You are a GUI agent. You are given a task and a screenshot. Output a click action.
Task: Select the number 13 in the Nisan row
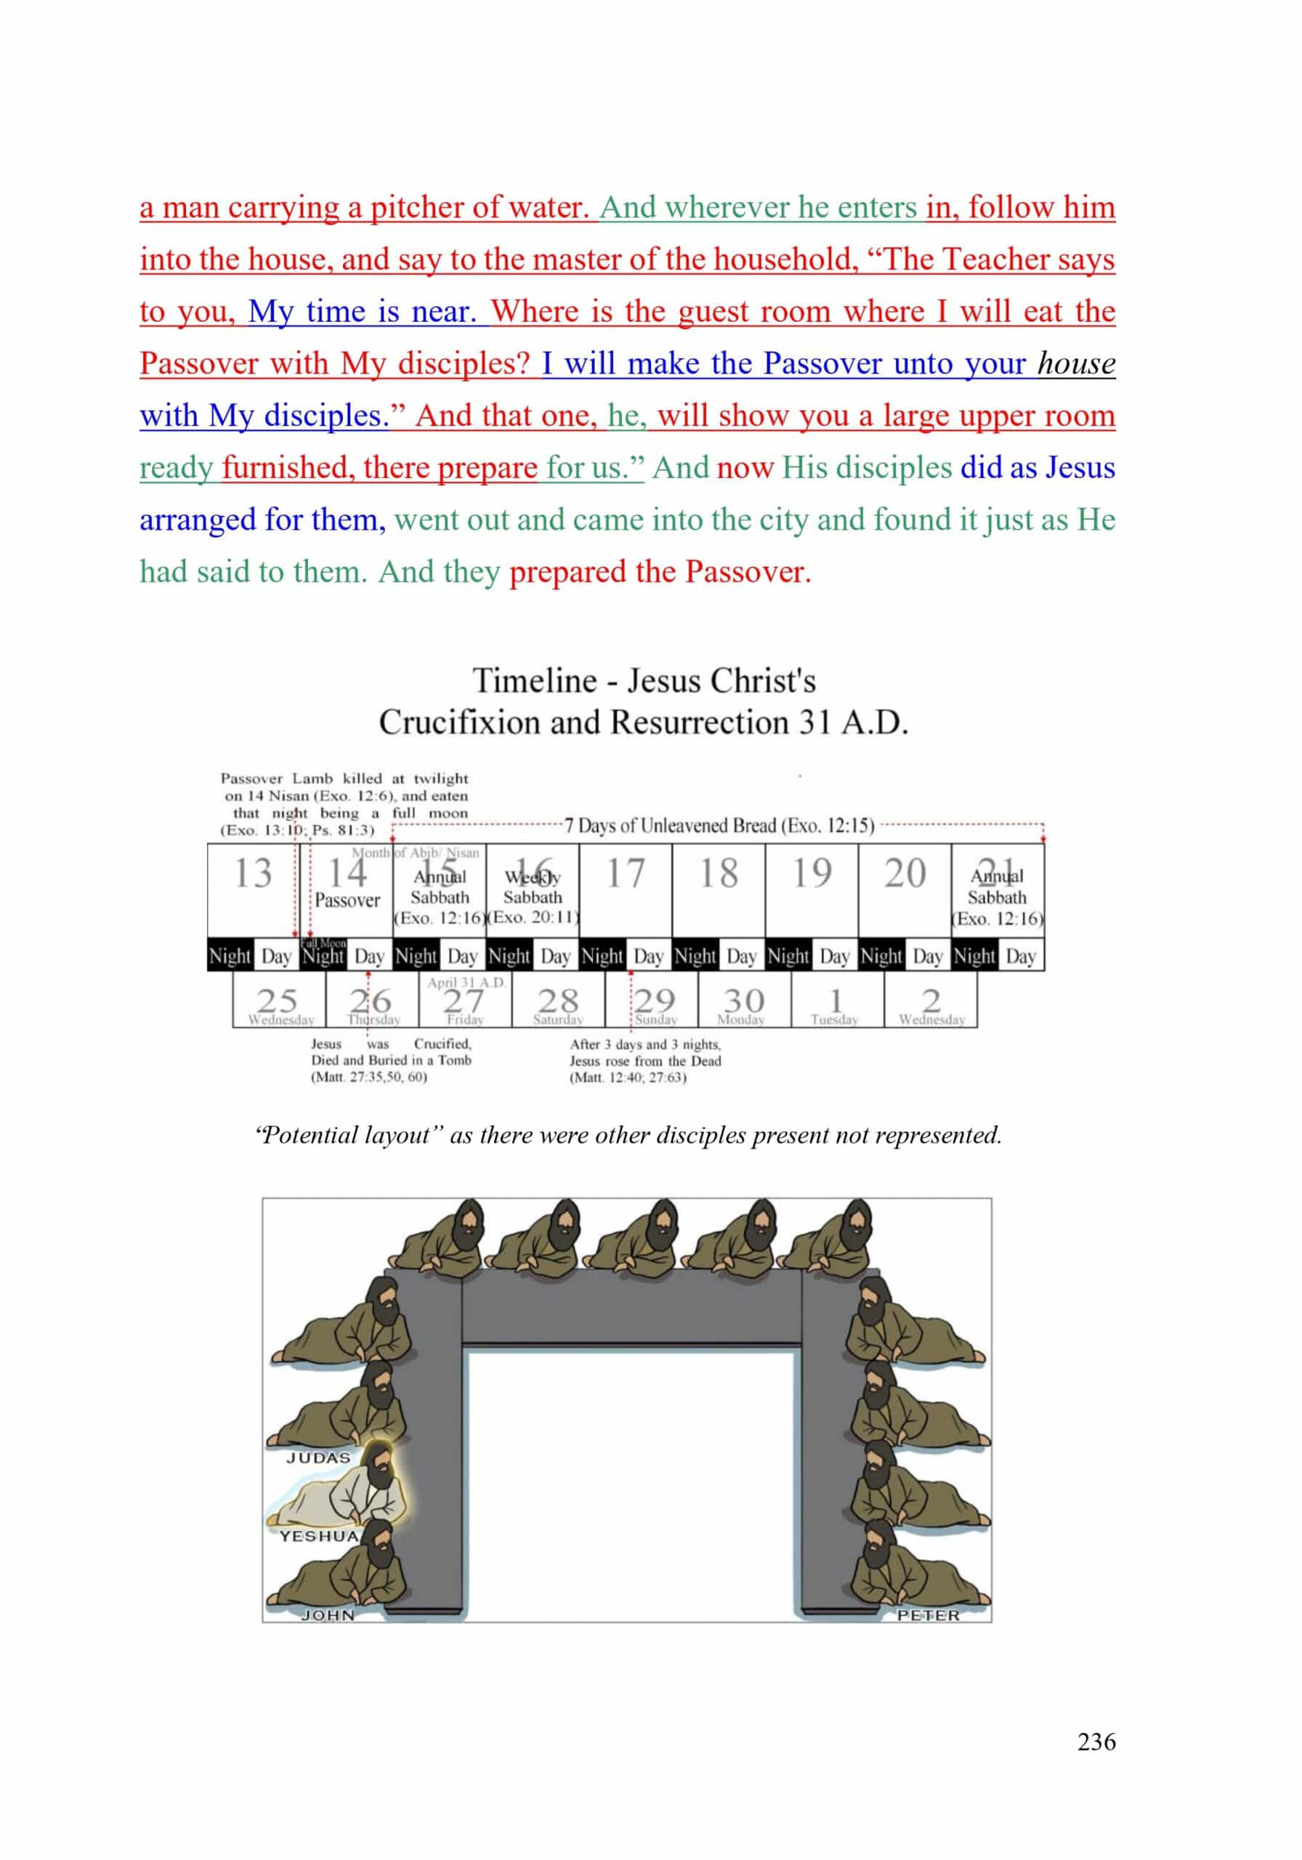pyautogui.click(x=253, y=874)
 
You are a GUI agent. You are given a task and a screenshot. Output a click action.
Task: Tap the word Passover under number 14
pyautogui.click(x=347, y=900)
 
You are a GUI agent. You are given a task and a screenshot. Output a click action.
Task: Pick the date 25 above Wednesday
pyautogui.click(x=277, y=1002)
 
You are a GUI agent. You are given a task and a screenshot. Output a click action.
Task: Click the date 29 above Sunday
pyautogui.click(x=655, y=1002)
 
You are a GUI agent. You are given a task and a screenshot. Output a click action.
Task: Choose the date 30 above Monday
pyautogui.click(x=743, y=1002)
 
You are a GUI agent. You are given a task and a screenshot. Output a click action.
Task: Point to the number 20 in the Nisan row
pyautogui.click(x=904, y=874)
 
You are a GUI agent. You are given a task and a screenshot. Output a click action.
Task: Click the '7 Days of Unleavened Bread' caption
pyautogui.click(x=719, y=825)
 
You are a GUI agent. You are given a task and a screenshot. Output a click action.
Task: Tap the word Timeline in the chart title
pyautogui.click(x=534, y=681)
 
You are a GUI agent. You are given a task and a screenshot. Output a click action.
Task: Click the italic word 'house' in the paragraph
pyautogui.click(x=1076, y=364)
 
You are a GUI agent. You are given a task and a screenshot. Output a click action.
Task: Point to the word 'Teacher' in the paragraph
pyautogui.click(x=997, y=259)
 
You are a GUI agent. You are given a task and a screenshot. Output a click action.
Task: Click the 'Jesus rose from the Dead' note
pyautogui.click(x=645, y=1061)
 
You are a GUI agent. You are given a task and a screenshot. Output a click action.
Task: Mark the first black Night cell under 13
pyautogui.click(x=230, y=956)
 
